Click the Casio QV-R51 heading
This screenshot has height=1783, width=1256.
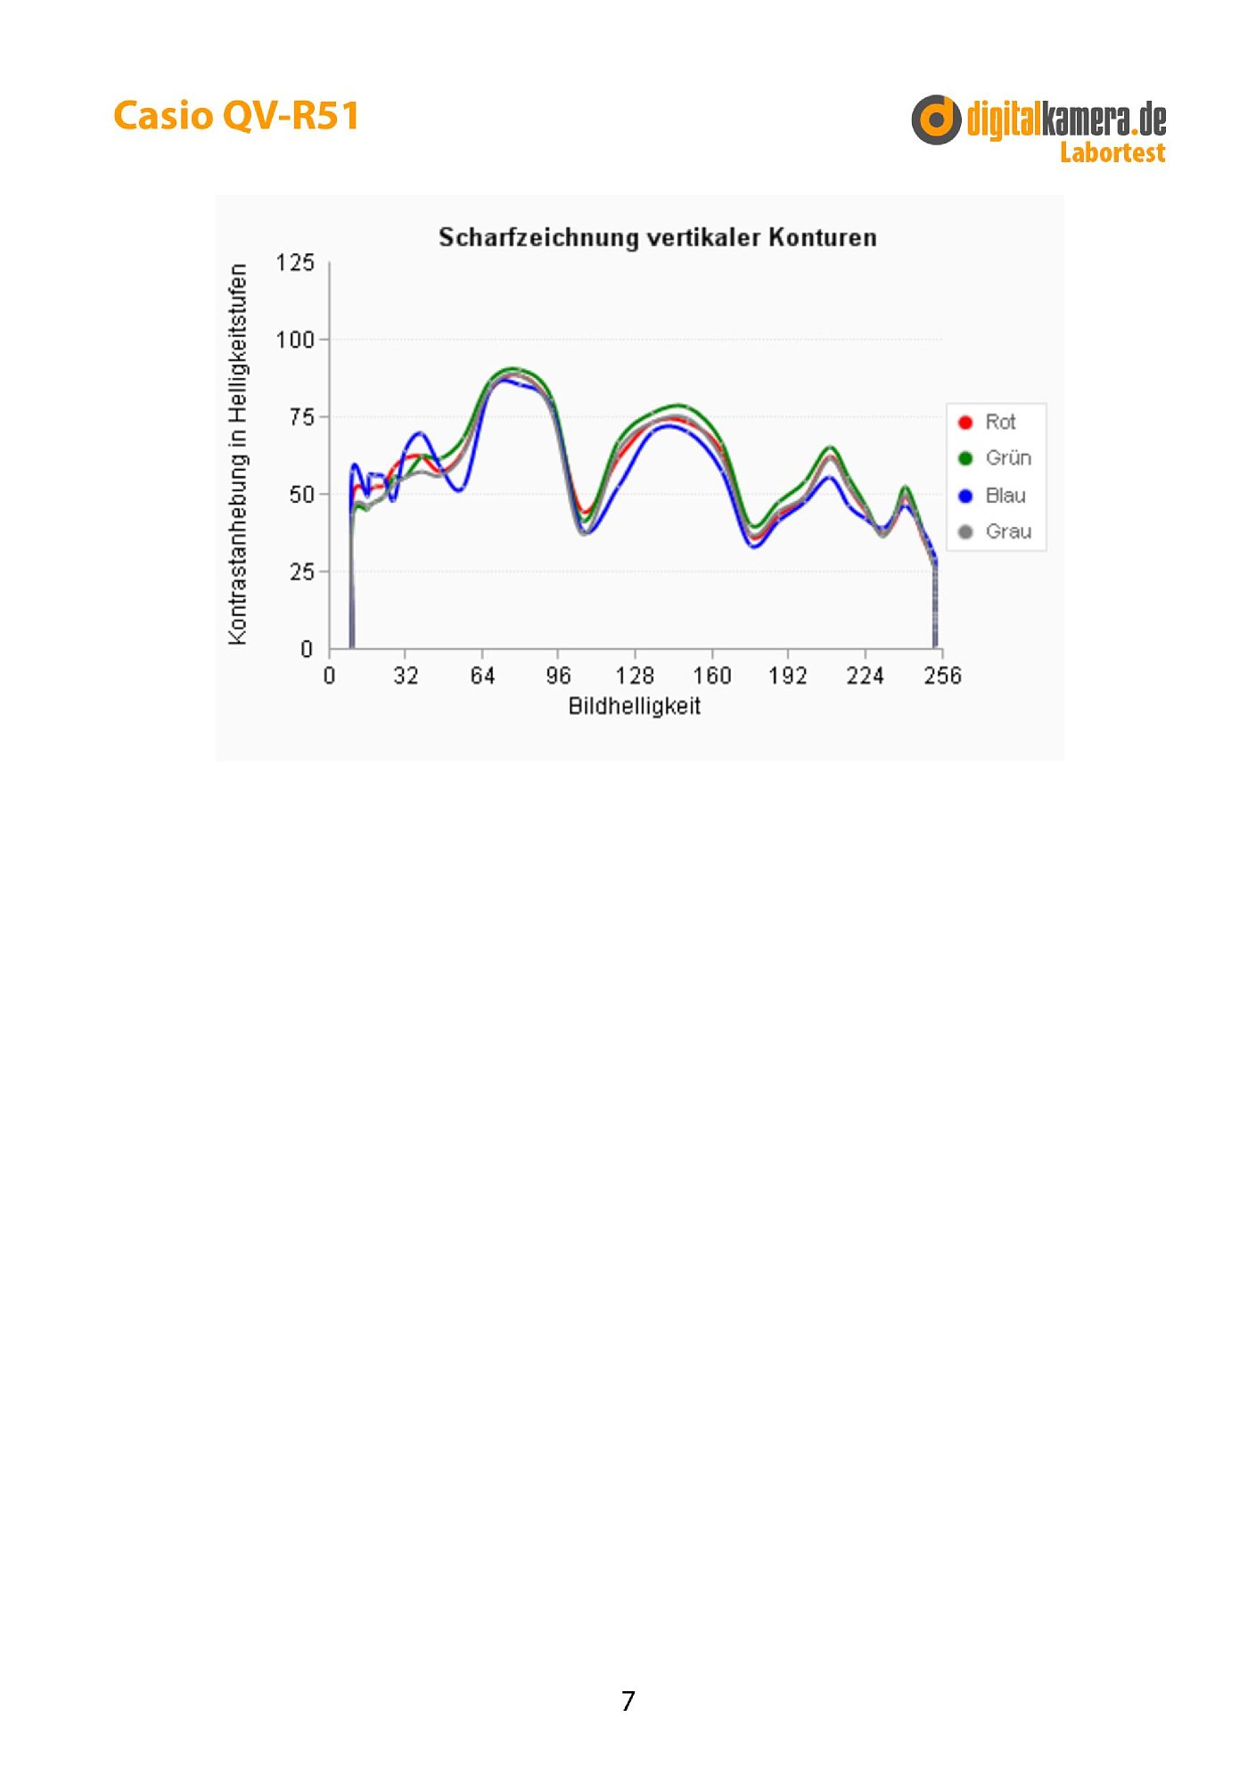(x=236, y=116)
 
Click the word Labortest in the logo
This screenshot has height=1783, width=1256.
(x=1112, y=152)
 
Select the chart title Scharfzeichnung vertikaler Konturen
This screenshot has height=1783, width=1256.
(x=657, y=237)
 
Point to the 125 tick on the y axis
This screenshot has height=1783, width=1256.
(x=295, y=263)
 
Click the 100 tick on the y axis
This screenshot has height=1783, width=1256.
(x=295, y=340)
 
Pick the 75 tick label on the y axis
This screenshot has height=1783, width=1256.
(x=301, y=417)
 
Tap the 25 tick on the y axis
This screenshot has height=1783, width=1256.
(x=301, y=571)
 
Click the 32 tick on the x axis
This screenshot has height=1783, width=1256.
(x=406, y=676)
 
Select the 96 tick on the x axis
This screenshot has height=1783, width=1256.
(x=559, y=676)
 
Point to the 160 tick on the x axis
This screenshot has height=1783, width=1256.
(x=711, y=676)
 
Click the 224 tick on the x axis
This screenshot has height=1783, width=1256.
(x=865, y=676)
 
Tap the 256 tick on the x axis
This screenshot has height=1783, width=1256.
(x=942, y=676)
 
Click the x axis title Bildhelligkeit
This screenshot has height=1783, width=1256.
(x=634, y=706)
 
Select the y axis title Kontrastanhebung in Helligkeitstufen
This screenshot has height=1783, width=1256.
(x=237, y=454)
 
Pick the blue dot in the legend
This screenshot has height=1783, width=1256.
(x=965, y=496)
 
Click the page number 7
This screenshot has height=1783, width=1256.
(x=628, y=1700)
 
